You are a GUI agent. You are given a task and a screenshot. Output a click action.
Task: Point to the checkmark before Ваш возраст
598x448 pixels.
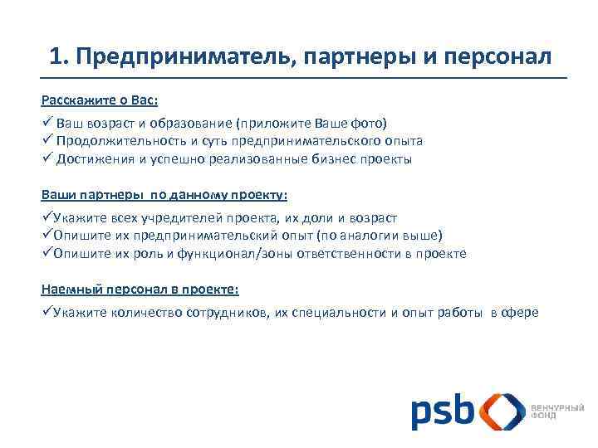tap(47, 122)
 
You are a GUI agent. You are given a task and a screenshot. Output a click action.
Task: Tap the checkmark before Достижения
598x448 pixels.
tap(47, 159)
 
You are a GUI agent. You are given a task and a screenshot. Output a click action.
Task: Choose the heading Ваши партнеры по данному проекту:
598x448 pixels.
tap(164, 195)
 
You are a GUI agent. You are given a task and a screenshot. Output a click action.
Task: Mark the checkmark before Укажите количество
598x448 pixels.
tap(47, 312)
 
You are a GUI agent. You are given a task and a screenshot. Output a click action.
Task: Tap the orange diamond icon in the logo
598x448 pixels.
tap(502, 411)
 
